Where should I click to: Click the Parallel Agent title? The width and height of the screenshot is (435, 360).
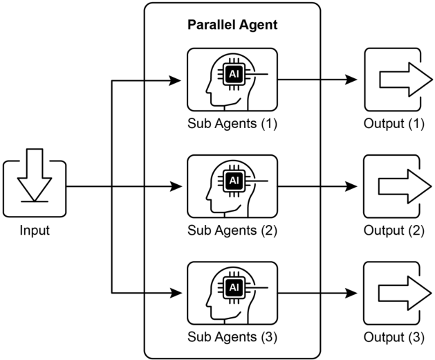point(232,25)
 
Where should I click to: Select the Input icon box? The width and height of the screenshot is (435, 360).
point(35,188)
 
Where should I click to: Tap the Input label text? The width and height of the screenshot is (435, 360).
point(35,231)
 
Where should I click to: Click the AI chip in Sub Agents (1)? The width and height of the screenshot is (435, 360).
point(234,75)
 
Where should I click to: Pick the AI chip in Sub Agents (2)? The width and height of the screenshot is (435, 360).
point(234,181)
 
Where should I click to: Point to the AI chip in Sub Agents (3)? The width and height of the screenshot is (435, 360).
point(234,287)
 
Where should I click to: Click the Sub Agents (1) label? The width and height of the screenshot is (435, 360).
point(232,124)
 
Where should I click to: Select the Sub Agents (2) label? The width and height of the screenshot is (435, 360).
point(232,231)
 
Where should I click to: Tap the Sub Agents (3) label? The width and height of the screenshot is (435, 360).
point(232,337)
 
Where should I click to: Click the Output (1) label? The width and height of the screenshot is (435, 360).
point(394,124)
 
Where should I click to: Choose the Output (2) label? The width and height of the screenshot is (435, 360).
point(394,231)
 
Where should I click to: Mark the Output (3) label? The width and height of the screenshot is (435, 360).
point(394,337)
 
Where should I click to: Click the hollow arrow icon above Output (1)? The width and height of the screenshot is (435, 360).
point(406,80)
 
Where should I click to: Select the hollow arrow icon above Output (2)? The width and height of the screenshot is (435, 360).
point(405,186)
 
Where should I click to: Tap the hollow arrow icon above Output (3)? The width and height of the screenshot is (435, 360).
point(405,293)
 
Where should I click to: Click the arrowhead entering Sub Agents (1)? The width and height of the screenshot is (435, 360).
point(175,81)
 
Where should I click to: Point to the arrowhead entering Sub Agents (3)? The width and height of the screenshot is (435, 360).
point(176,293)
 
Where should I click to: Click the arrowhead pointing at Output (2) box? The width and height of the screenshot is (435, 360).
point(351,186)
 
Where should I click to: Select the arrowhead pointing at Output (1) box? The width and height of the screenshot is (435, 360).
point(351,80)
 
